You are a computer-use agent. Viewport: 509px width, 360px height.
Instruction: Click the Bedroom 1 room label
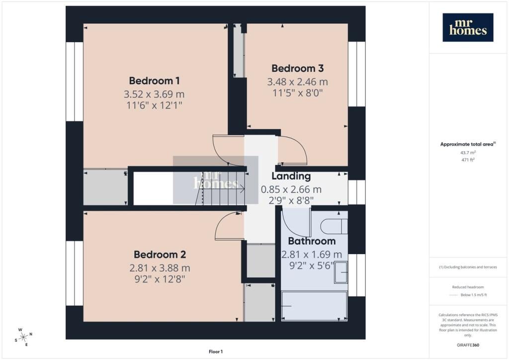click(154, 81)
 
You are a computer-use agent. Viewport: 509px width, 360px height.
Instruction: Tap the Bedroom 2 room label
click(160, 255)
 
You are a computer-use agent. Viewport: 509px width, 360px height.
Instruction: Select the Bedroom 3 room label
click(297, 68)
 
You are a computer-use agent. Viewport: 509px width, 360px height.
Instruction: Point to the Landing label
click(291, 176)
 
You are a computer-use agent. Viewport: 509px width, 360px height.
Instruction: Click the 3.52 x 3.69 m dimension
click(154, 94)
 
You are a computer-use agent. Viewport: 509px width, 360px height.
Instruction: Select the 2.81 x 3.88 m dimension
click(160, 268)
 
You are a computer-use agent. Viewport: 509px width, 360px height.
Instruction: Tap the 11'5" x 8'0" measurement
click(297, 93)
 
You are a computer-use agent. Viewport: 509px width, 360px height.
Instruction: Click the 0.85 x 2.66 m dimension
click(291, 189)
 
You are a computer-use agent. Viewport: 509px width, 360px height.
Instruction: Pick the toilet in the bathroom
click(334, 226)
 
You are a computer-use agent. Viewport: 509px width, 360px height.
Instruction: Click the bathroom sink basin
click(341, 272)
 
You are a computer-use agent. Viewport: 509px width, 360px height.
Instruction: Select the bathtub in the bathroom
click(314, 306)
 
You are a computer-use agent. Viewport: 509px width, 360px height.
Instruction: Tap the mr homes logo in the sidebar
click(468, 27)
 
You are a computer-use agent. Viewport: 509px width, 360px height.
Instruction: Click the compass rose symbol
click(23, 338)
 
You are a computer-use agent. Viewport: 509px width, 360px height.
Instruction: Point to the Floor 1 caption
click(216, 352)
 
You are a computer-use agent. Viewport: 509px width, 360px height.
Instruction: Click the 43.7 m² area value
click(468, 153)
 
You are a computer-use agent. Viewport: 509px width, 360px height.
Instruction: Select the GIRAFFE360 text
click(468, 345)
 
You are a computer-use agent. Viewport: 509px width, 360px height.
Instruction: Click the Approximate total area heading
click(468, 144)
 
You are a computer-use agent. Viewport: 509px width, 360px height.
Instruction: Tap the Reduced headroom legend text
click(468, 287)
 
